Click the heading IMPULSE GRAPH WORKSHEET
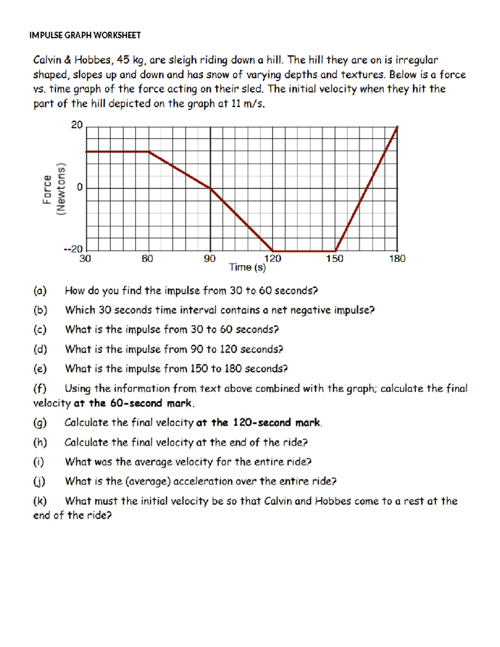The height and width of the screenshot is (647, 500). coord(85,35)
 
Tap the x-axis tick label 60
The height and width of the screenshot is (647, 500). coord(147,259)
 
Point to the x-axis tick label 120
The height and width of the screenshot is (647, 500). coord(272,259)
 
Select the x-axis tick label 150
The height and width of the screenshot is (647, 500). coord(335,259)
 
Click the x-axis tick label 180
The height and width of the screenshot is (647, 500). coord(397,259)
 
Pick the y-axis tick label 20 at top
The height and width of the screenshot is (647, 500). coord(77,125)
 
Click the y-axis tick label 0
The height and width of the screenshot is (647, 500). coord(80,187)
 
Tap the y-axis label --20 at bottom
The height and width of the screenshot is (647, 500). coord(73,249)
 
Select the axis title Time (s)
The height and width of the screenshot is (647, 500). coord(247,267)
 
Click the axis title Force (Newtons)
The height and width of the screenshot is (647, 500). coord(54,189)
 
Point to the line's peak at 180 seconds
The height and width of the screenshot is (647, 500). coord(397,127)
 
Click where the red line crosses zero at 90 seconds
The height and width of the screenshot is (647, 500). coord(210,188)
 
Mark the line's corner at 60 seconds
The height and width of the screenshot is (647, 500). coord(149,152)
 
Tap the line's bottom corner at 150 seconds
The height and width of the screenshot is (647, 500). coord(335,251)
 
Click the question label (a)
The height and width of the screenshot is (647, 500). coord(40,291)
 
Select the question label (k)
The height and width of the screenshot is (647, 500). coord(40,501)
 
